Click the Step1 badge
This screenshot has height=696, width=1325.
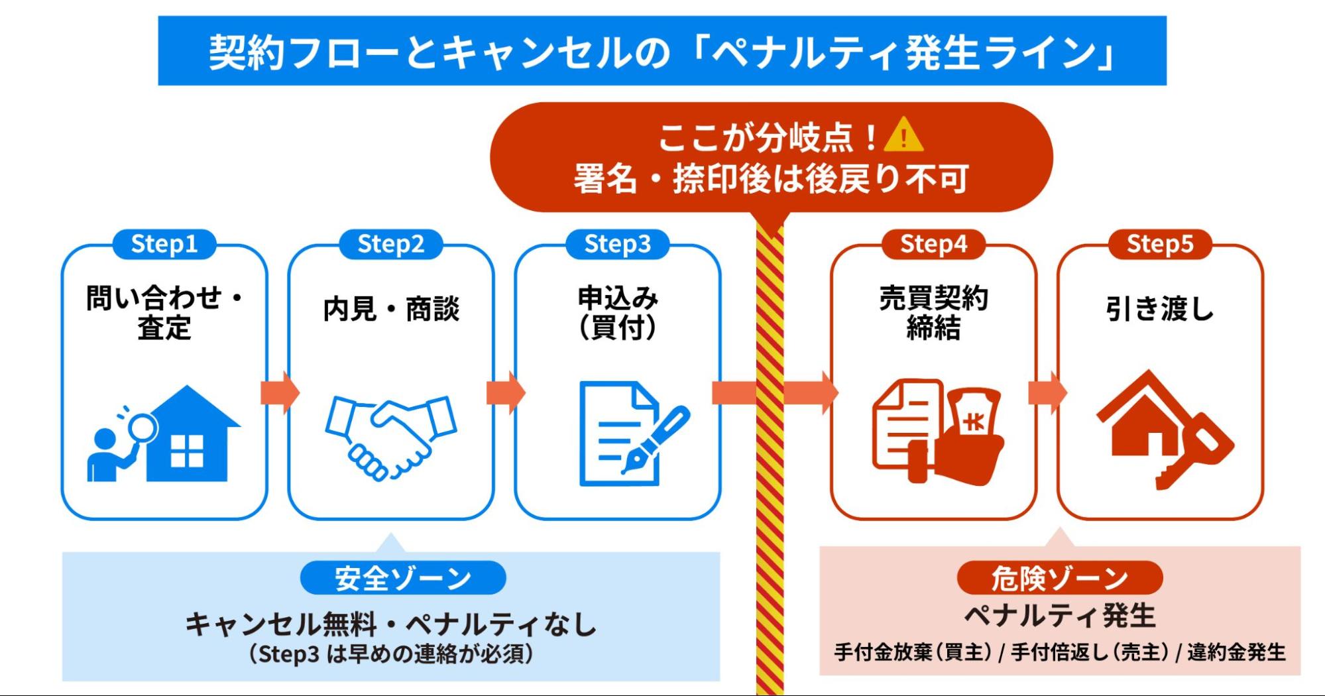(164, 245)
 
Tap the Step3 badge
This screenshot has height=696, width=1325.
(617, 245)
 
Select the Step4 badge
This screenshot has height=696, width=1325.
(933, 245)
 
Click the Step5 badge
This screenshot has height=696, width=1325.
(1160, 245)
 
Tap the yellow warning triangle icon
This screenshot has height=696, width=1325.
(903, 135)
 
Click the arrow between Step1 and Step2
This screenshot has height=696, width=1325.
(279, 392)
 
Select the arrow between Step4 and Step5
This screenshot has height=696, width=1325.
(1047, 392)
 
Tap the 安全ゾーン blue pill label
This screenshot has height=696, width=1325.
(402, 578)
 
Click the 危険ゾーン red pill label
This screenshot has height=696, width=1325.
(1059, 578)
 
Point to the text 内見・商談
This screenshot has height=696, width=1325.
(391, 310)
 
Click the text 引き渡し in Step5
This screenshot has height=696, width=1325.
(1160, 310)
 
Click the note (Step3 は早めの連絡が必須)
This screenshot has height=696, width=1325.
(391, 654)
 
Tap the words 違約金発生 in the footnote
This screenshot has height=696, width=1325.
(1236, 653)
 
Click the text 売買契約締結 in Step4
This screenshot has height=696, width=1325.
(933, 313)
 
